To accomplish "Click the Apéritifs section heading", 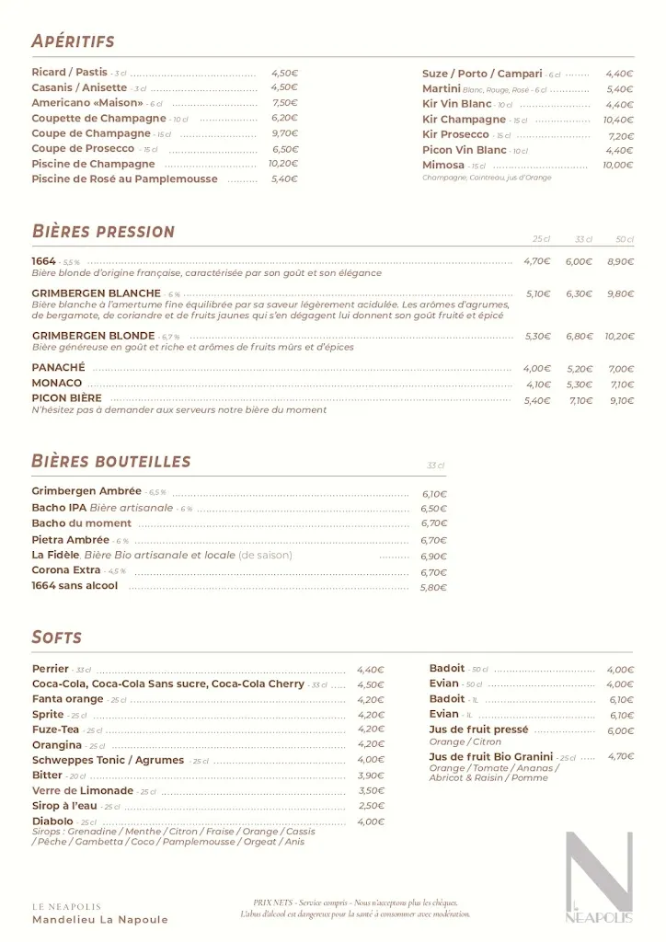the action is point(73,41).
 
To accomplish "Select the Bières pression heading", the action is point(102,231).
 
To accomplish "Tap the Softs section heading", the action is point(56,637).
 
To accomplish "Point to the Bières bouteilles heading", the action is point(110,461).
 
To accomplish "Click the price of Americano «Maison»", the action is point(284,103).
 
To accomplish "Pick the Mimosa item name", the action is point(443,166).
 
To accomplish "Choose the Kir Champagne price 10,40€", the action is point(618,120).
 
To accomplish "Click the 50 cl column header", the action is point(625,239).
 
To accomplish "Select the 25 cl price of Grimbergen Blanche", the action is point(538,294).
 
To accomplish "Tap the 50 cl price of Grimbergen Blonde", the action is point(619,337).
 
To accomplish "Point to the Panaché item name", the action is point(59,368).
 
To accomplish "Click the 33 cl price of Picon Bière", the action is point(580,401).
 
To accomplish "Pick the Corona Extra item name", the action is point(66,570).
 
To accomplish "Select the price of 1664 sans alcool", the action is point(433,588).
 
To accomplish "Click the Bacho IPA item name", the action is point(60,508).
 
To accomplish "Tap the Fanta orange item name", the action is point(67,699).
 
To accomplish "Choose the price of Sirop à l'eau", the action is point(372,806).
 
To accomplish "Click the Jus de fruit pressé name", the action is point(478,729).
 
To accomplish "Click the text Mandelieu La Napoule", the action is point(100,920).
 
